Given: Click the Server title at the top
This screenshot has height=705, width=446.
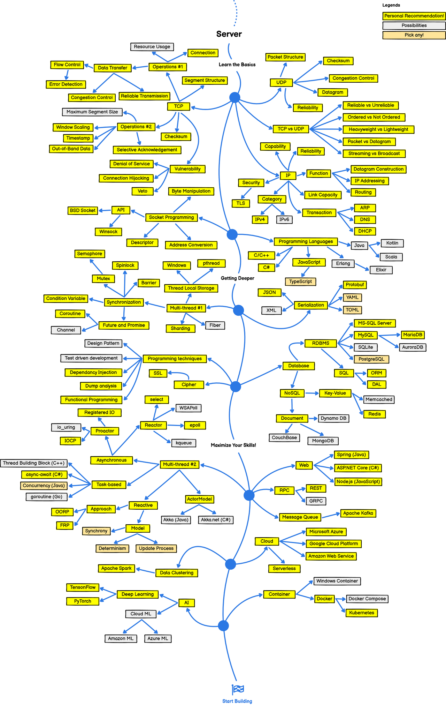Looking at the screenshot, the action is click(229, 34).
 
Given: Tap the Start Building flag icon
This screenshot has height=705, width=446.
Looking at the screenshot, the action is click(238, 689).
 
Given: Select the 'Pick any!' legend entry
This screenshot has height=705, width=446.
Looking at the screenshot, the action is click(414, 35).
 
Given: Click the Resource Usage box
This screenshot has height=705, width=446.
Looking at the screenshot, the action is click(152, 47).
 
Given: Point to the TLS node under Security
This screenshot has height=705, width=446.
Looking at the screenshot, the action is click(241, 203).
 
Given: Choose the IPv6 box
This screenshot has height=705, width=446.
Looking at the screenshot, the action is click(284, 219).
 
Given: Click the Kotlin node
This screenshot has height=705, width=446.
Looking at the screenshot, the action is click(392, 243).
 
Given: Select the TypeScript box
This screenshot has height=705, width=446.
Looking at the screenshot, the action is click(300, 282).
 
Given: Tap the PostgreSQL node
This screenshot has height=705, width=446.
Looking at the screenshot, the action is click(371, 359).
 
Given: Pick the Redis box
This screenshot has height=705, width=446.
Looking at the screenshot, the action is click(375, 414).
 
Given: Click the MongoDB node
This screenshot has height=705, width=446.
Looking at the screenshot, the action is click(323, 441).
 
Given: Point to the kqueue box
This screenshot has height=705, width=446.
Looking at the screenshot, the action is click(184, 443).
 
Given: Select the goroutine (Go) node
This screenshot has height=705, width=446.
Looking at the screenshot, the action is click(46, 497).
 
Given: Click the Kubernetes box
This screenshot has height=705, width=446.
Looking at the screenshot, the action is click(362, 613).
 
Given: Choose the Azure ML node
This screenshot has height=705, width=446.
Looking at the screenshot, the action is click(158, 639).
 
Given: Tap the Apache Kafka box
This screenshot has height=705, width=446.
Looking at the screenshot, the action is click(358, 513).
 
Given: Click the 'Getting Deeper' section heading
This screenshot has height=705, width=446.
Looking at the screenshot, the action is click(237, 278).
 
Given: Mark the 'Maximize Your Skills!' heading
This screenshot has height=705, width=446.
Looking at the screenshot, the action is click(233, 445).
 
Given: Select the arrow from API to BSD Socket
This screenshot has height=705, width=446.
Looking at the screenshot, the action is click(105, 210).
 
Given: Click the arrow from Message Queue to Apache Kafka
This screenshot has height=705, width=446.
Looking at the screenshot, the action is click(330, 516).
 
